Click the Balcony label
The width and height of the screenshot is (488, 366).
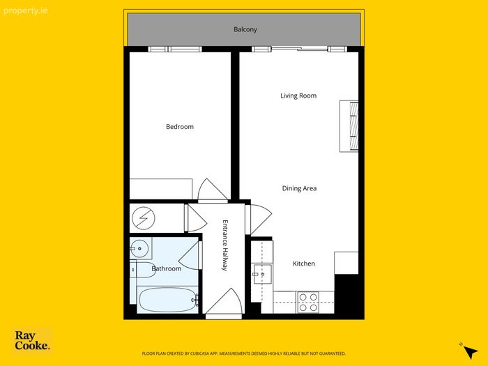pos(245,29)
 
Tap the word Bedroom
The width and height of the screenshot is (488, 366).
pos(180,127)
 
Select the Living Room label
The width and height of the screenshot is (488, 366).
pos(298,96)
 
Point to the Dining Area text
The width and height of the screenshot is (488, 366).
pos(299,188)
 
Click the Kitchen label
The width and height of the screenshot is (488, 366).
pos(304,264)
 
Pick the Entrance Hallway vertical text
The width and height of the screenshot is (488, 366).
pos(225,245)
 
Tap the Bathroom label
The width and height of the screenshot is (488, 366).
pos(166,268)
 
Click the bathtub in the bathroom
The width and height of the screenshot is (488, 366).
pos(167,300)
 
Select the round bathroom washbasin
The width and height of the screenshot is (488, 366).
pos(139,248)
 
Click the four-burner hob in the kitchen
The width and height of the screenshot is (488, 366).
pos(308,302)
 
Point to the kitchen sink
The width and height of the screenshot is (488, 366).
pos(262,274)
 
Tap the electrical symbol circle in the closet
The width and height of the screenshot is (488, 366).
pos(144,218)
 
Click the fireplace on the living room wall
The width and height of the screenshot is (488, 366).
pos(349,126)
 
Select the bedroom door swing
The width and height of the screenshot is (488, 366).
pos(212,190)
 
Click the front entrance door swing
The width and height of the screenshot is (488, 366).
pos(224,301)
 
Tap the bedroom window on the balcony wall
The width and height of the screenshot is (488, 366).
pos(174,49)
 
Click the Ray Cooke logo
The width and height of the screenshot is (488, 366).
pos(32,340)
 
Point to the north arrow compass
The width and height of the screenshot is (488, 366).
pos(468,351)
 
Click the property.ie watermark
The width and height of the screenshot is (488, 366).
pos(26,11)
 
